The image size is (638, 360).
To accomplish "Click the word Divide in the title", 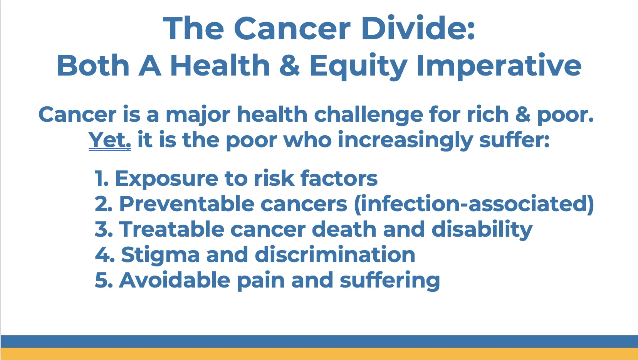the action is coord(418,28).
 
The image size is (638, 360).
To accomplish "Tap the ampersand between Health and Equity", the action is coord(290,65).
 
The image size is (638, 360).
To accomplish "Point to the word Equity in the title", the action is coord(358,67).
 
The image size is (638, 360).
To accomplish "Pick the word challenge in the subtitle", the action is coord(369,114).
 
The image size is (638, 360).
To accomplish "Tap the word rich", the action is coord(488,114).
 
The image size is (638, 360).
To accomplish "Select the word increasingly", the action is coord(405,140).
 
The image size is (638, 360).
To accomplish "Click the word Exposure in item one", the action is coord(166,179).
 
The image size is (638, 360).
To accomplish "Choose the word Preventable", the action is coord(187,204).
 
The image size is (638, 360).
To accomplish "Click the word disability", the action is coord(482,230).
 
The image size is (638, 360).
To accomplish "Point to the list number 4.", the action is coord(105,254).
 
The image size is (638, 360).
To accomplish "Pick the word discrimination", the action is coord(335,254).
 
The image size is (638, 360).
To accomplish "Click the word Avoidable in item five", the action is coord(175,280).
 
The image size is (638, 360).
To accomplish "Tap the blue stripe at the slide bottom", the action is coord(319,341).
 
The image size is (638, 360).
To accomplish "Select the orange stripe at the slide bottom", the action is coord(319,354).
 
